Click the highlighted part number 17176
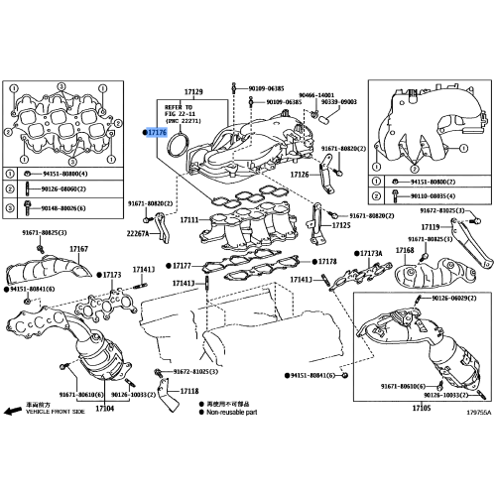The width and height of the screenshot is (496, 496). point(157,132)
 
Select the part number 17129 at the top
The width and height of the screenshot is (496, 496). point(192,92)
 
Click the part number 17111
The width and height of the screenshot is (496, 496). point(189,219)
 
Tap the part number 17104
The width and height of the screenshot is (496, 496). point(104,409)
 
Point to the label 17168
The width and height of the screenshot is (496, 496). point(405,251)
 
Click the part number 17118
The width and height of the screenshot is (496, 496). point(173,392)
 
